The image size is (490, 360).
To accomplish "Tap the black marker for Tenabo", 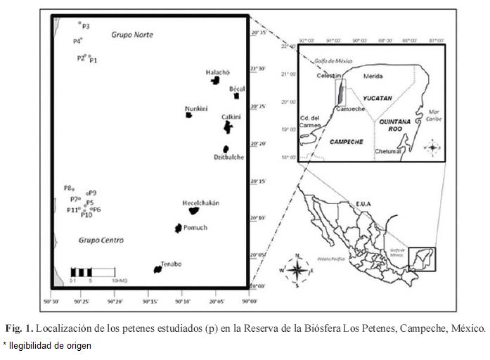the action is (x=158, y=269).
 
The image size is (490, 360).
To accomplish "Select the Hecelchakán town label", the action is (x=201, y=202).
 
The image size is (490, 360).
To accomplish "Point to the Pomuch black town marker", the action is (x=179, y=228).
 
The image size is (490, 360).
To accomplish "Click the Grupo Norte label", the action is (x=131, y=35).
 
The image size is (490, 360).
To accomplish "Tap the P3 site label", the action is (x=86, y=26).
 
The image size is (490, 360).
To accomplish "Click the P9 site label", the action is (x=93, y=193).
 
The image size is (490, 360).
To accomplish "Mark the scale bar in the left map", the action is (x=92, y=272).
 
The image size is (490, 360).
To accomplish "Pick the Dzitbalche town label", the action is (x=229, y=157).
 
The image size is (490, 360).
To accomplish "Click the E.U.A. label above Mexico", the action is (x=363, y=204).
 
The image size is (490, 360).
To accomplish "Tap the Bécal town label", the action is (x=236, y=89).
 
